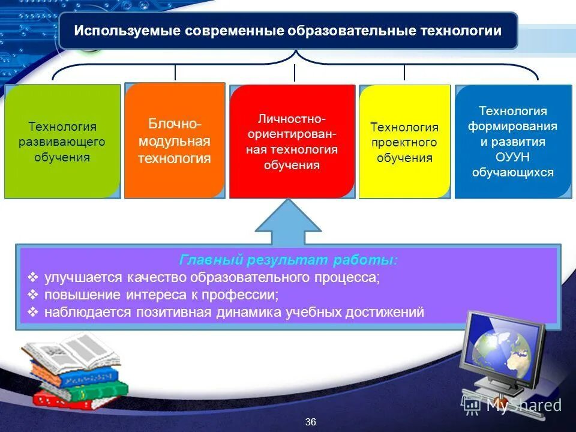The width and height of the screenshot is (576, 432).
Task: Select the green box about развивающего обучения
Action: pos(62,142)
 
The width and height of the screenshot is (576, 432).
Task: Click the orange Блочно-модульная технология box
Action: pos(175,141)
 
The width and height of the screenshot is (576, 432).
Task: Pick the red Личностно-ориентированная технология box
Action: pos(292,142)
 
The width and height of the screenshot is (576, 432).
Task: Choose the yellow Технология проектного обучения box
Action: pos(404,142)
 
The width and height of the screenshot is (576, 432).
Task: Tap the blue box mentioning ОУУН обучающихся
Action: pos(512,142)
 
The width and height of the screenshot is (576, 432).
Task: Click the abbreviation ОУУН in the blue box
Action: pos(512,158)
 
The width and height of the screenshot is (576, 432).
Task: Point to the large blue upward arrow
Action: pos(289,222)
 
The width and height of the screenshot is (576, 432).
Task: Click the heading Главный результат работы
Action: pos(288,260)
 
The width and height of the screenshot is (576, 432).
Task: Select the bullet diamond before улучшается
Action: pos(33,278)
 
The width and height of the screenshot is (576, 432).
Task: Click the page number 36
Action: pos(310,422)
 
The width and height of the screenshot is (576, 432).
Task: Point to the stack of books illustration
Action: pos(75,372)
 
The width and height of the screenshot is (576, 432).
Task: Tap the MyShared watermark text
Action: pos(523,405)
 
